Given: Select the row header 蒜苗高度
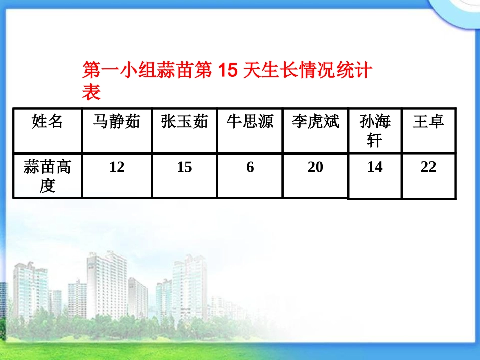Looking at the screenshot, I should point(47,176).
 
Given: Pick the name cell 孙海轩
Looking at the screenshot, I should point(375,130).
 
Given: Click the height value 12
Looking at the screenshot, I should point(117,167).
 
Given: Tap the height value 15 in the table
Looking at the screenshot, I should point(184,167).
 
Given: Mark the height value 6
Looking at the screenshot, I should point(250,167).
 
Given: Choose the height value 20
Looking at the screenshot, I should point(315,167).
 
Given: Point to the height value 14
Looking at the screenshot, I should point(375,167).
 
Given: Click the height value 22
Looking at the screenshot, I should point(428,167).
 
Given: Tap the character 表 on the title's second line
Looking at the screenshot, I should point(91,92).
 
